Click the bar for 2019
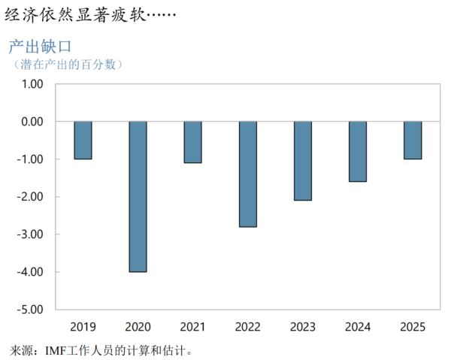pyautogui.click(x=83, y=140)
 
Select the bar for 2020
pyautogui.click(x=138, y=196)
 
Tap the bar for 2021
pyautogui.click(x=192, y=142)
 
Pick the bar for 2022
pyautogui.click(x=248, y=174)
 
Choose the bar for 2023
pyautogui.click(x=303, y=161)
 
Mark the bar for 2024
pyautogui.click(x=358, y=151)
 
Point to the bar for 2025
pyautogui.click(x=413, y=140)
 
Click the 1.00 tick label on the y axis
pyautogui.click(x=31, y=84)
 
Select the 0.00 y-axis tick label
pyautogui.click(x=31, y=122)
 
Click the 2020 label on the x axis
pyautogui.click(x=138, y=327)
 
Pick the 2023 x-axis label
pyautogui.click(x=303, y=327)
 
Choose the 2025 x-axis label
pyautogui.click(x=413, y=327)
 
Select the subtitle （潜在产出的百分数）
pyautogui.click(x=68, y=65)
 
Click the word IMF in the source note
pyautogui.click(x=56, y=349)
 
